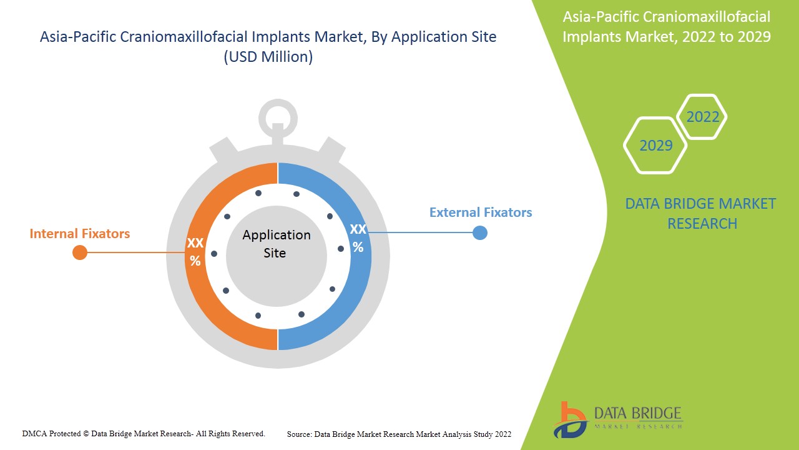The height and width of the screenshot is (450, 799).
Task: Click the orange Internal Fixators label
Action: coord(80,234)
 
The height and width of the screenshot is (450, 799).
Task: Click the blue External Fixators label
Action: coord(481,212)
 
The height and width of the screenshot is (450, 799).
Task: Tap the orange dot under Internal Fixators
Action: coord(80,252)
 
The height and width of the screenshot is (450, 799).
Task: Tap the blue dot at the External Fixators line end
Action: coord(479,233)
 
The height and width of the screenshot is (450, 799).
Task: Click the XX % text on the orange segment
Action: coord(195,252)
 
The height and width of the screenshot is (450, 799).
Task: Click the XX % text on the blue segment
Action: coord(358,238)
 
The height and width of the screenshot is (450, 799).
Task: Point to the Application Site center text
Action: coord(276,244)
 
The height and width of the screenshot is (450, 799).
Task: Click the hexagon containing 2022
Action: coord(702,117)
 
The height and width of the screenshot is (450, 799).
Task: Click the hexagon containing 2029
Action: coord(655,145)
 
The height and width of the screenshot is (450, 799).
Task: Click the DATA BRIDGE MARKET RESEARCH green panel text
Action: coord(700,213)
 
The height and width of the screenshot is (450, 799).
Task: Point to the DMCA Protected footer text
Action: coord(144,433)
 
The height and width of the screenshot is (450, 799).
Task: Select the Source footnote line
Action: coord(399,434)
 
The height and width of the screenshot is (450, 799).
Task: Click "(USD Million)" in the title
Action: coord(268,57)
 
